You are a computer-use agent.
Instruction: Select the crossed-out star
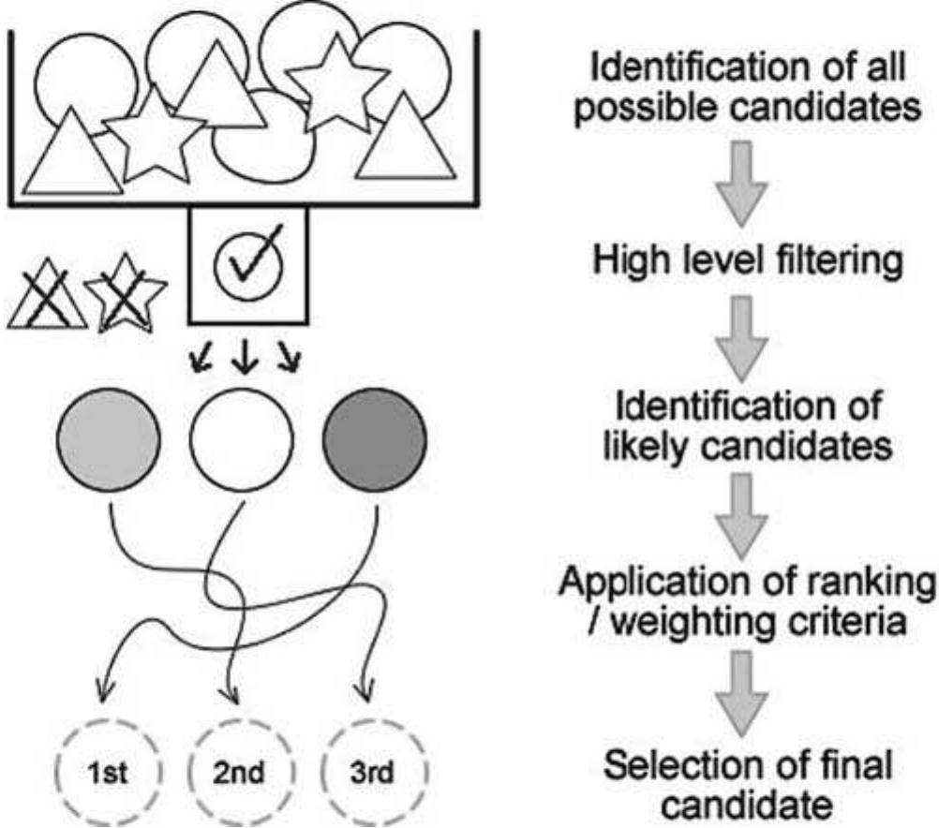pos(125,302)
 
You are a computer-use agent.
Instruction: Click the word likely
pos(642,447)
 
